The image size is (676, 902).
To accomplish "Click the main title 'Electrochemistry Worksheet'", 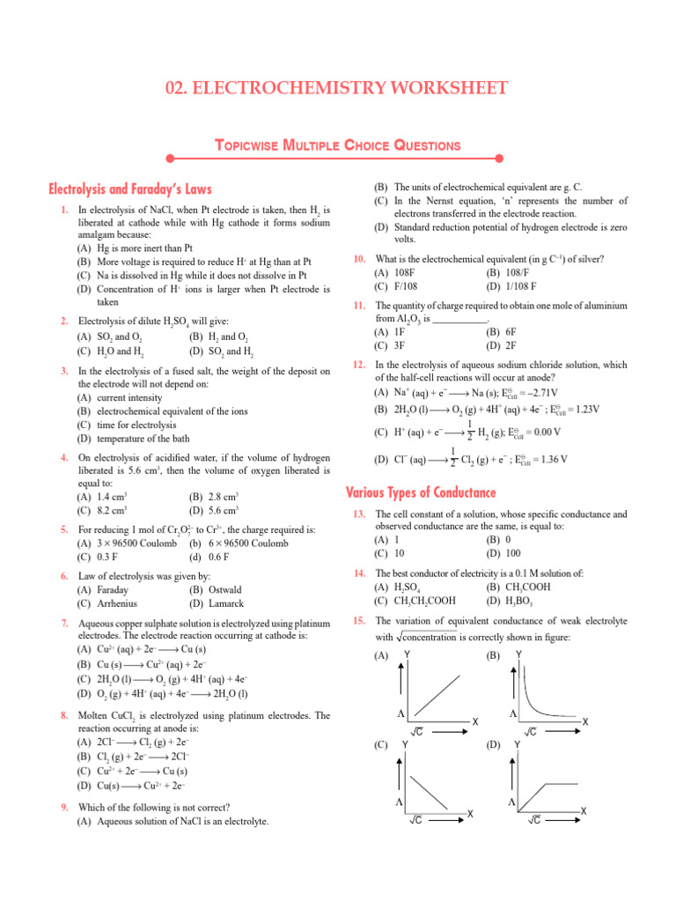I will [x=337, y=88].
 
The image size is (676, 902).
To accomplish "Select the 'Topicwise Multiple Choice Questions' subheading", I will [x=338, y=144].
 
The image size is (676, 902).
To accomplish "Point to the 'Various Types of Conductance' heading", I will [x=422, y=492].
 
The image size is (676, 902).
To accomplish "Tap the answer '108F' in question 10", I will [x=392, y=272].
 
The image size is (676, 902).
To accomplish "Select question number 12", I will [x=359, y=365].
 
